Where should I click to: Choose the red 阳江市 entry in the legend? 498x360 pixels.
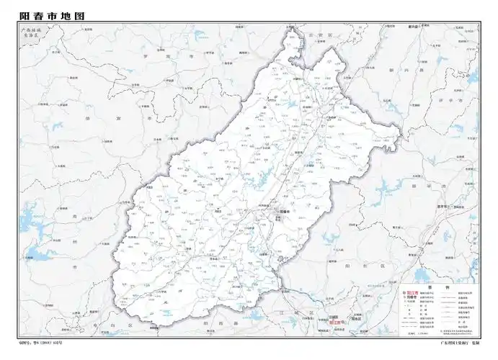point(414,293)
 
